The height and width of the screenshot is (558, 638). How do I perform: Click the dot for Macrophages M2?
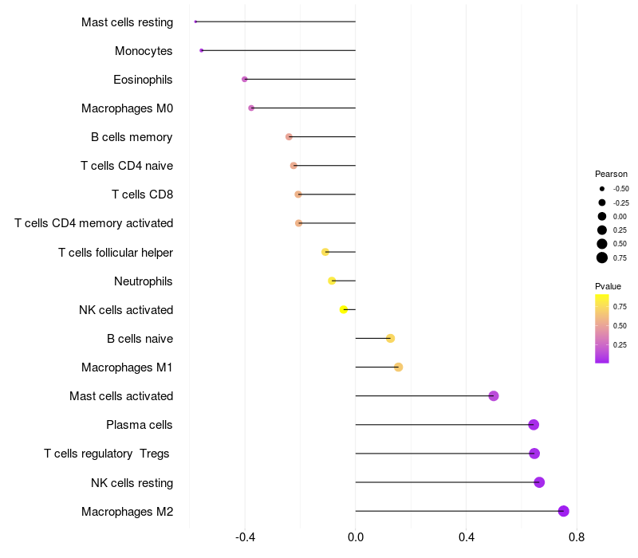[x=564, y=511]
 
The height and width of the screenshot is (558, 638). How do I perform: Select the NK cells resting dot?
[x=539, y=482]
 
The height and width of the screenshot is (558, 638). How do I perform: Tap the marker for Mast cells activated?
[x=494, y=396]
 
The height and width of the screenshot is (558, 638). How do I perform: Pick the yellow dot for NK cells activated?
[x=344, y=309]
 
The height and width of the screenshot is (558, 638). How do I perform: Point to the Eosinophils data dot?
[x=245, y=79]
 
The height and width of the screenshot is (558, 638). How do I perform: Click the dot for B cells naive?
[x=390, y=338]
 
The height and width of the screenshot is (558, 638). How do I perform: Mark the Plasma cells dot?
[x=534, y=425]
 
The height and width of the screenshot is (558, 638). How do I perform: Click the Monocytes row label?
[x=144, y=51]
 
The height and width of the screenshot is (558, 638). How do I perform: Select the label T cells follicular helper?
[x=116, y=253]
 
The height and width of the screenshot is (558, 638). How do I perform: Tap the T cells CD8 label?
[x=142, y=195]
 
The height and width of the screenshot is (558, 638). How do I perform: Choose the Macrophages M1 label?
[x=127, y=367]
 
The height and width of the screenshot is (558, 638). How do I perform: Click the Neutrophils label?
[x=144, y=281]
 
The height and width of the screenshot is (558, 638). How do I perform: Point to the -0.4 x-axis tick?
[x=245, y=537]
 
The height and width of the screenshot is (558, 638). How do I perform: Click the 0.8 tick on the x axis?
[x=577, y=537]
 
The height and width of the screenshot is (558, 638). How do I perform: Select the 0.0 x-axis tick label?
[x=356, y=537]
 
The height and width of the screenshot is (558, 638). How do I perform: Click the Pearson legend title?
[x=611, y=174]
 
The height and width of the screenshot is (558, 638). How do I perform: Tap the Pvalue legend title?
[x=608, y=286]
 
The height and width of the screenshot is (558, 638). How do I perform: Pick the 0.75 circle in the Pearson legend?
[x=602, y=257]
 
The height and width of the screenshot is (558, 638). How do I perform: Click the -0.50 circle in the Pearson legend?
[x=602, y=189]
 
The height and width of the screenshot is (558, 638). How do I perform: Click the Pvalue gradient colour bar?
[x=602, y=328]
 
